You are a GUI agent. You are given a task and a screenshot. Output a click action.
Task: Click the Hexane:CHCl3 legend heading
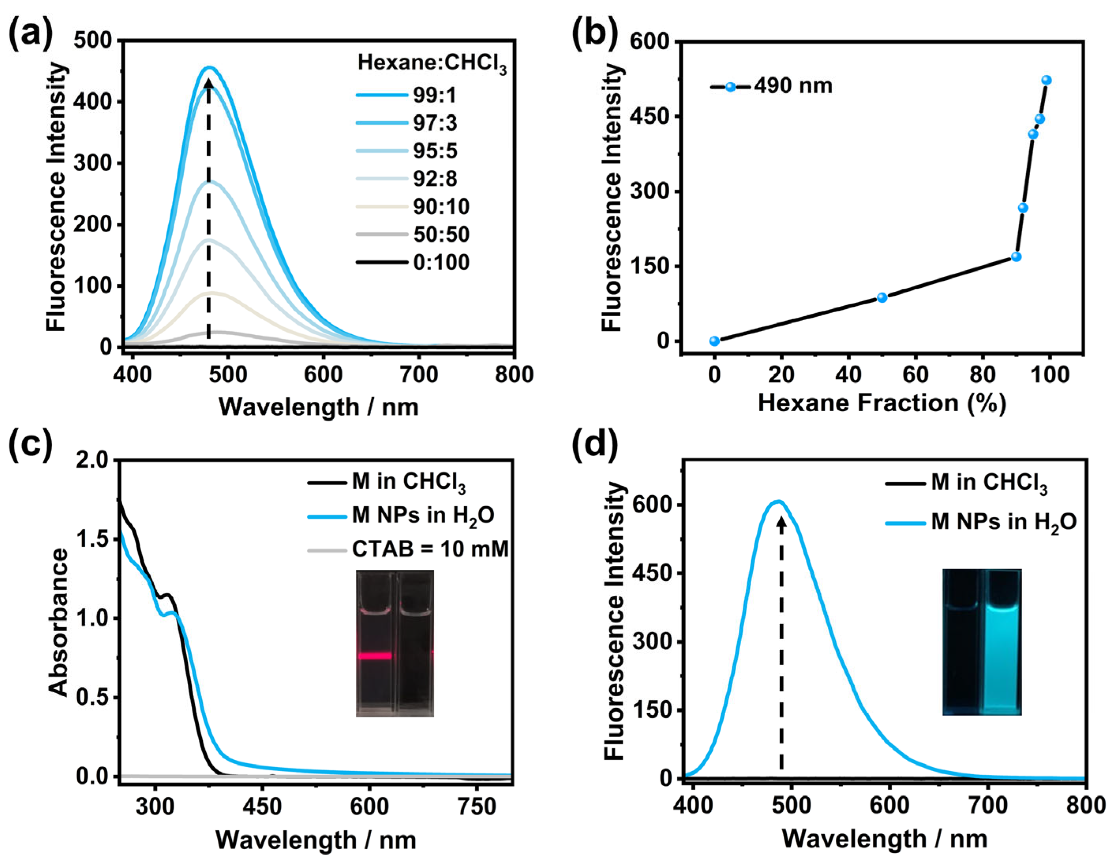[432, 63]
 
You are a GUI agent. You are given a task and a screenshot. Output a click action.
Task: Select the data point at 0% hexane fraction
[715, 341]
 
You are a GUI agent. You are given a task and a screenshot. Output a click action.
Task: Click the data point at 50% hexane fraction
[882, 298]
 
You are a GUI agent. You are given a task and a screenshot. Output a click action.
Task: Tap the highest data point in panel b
[1046, 80]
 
